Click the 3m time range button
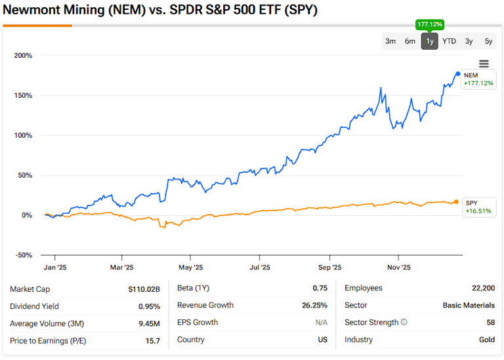point(390,41)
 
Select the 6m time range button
point(410,41)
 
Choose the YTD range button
point(449,41)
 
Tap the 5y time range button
point(488,41)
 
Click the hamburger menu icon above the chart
point(484,64)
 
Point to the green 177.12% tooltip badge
point(430,24)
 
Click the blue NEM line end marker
point(457,73)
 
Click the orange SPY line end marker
point(457,201)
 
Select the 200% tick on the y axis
point(23,55)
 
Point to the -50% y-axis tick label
point(24,255)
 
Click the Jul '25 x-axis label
point(260,268)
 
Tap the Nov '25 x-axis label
point(398,268)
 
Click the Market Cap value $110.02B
point(142,289)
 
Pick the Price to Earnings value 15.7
point(153,340)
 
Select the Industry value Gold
point(486,340)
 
